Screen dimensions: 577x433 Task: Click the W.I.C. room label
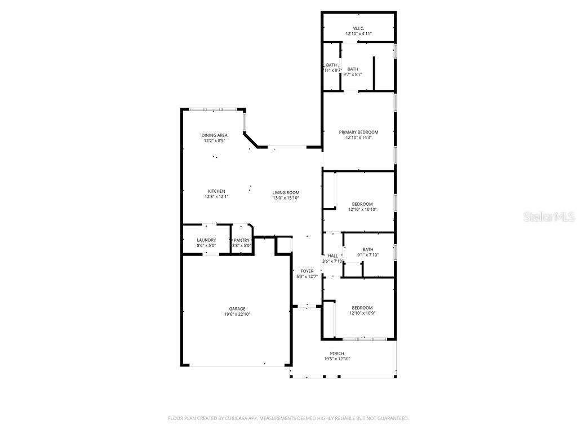coord(358,28)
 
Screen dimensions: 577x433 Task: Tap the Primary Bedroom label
coord(358,132)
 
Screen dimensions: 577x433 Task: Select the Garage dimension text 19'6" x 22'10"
coord(237,314)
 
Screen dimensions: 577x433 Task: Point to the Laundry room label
coord(206,240)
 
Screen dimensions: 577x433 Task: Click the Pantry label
coord(241,240)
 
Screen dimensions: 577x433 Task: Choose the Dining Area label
coord(214,135)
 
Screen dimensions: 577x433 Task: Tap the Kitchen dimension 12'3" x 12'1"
coord(217,197)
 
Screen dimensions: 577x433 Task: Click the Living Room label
coord(286,193)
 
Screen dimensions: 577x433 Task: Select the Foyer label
coord(307,271)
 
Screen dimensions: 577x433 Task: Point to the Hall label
coord(332,256)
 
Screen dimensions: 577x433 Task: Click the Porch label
coord(337,354)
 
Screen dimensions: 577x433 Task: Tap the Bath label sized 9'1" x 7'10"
coord(367,250)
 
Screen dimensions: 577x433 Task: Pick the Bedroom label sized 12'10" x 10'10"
coord(362,204)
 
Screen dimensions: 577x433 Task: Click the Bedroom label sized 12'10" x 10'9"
coord(362,308)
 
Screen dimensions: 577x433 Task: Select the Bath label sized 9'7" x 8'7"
coord(353,69)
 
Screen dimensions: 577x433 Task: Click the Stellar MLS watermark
coord(549,216)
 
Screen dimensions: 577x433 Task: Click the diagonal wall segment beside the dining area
coord(251,140)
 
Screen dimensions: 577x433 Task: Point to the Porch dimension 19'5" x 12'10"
coord(337,359)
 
